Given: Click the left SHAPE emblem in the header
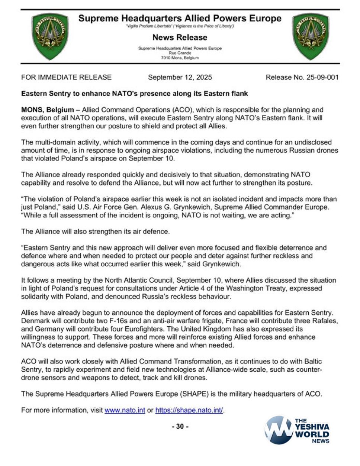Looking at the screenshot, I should (50, 36).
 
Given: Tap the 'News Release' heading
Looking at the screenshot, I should (180, 37).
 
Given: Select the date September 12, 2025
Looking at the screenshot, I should (180, 77).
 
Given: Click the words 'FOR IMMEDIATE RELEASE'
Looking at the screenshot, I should (66, 77).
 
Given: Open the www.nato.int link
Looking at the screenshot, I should (125, 410).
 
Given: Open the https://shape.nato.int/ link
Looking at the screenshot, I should (189, 410).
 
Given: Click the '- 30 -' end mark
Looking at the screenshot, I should (180, 426).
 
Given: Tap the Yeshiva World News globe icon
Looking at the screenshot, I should (278, 430).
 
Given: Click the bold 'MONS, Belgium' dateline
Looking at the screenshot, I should (47, 110).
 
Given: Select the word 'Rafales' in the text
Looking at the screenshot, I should (325, 321).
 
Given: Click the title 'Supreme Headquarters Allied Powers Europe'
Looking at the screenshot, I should (180, 18).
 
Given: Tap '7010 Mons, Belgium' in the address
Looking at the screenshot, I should (180, 58).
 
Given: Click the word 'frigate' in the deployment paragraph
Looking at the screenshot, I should (197, 321).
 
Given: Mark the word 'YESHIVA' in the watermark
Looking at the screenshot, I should (312, 427).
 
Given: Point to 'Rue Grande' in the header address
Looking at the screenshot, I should (180, 53).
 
